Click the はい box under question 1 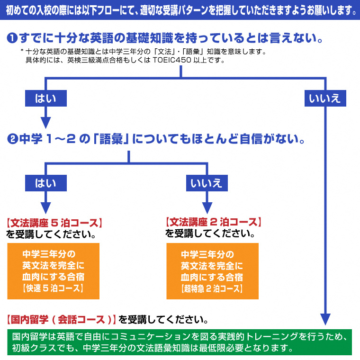[x=45, y=99]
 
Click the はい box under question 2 [x=45, y=183]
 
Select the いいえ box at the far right [x=324, y=99]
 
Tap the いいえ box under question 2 [x=206, y=183]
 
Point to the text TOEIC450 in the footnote [x=172, y=61]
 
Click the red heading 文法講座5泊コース [x=54, y=222]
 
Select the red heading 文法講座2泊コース [x=213, y=222]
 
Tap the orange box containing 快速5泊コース [x=53, y=271]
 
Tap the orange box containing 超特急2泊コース [x=212, y=271]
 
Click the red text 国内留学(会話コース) [x=62, y=319]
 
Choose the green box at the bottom [x=180, y=342]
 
